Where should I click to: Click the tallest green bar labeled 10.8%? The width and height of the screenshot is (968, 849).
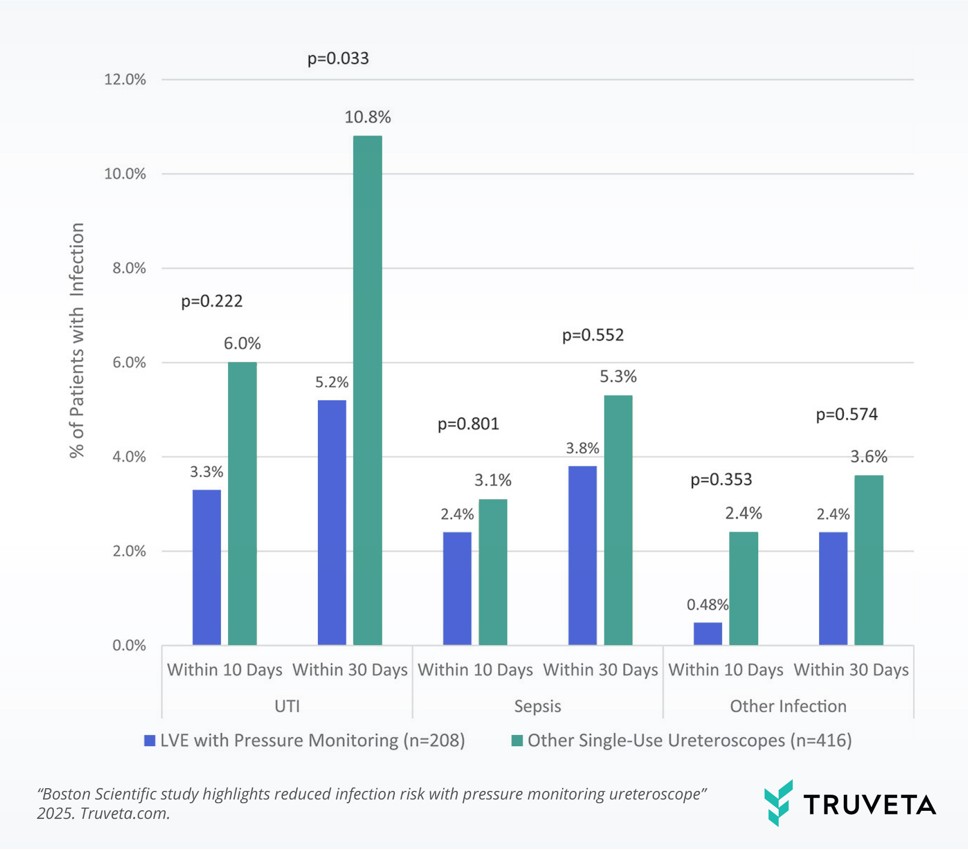367,390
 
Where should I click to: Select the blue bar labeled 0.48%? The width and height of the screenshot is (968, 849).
708,634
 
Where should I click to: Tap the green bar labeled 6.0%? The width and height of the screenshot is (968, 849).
242,503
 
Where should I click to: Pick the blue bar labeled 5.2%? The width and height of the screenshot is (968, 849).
332,522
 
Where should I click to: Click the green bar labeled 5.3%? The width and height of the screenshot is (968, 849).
618,520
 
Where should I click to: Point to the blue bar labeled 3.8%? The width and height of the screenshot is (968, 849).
582,555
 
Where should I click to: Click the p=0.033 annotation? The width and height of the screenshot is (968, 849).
338,58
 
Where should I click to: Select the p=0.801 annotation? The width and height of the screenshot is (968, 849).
468,424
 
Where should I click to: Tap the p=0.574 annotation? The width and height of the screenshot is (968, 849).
846,414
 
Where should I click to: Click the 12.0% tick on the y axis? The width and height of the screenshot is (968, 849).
125,80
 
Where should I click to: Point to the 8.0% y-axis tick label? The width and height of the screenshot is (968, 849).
129,268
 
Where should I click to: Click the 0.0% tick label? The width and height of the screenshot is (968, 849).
129,646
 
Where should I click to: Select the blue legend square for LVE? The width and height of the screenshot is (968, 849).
150,741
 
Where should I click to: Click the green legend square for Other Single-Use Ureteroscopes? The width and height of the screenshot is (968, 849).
517,741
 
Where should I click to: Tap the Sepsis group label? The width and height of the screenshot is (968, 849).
537,706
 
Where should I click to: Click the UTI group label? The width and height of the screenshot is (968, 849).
287,706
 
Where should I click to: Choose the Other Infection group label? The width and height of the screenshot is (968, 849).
788,706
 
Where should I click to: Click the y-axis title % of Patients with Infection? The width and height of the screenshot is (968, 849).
77,340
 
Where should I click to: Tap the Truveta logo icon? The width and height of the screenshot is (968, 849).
778,803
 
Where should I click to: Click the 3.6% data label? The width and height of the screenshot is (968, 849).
869,457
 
